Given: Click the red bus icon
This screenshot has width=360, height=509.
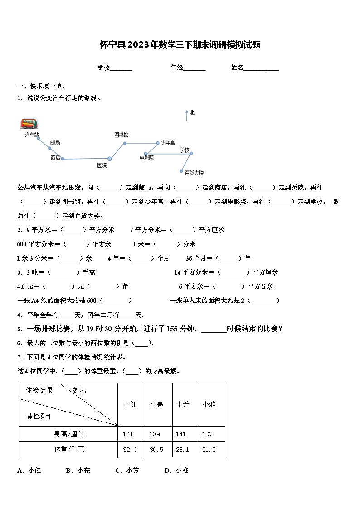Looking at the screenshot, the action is pos(29,123).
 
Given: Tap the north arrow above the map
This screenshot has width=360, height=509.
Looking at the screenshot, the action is pos(187,115).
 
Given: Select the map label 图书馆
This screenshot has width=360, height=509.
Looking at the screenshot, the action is pos(121,135).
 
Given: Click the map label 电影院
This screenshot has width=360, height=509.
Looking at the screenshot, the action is pos(146,158).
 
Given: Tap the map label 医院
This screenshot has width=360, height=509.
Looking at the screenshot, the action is pos(102,165).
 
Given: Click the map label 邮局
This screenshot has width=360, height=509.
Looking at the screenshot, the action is pos(55,142).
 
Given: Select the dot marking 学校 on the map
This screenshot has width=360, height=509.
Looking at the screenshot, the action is pos(191,153).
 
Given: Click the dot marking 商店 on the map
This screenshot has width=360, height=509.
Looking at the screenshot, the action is pos(63,159).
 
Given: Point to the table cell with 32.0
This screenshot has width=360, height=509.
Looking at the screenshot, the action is pos(130,450).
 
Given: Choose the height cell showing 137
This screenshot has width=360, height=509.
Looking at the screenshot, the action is pos(207,434).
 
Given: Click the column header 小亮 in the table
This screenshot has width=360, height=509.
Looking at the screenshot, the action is pos(156,404).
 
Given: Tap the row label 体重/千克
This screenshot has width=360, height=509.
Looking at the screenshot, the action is pos(69,450).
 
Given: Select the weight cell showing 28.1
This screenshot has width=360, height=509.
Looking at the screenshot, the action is pos(183,450).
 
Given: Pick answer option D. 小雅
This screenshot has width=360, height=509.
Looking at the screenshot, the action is pos(176,470).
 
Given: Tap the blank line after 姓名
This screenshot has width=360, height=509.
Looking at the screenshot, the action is pos(262,68).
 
